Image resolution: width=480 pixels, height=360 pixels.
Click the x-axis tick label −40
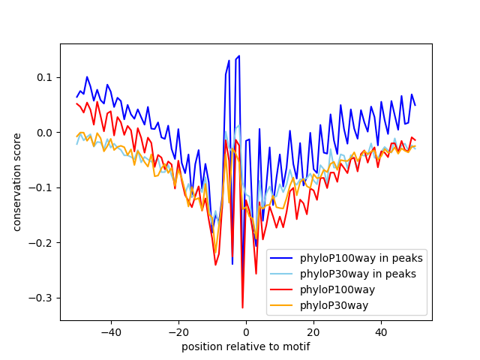click(110, 331)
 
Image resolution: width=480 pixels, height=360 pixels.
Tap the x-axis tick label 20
click(313, 331)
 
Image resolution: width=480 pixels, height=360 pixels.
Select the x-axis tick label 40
click(381, 331)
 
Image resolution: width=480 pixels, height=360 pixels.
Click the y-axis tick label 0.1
click(46, 78)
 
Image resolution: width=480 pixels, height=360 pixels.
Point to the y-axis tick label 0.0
click(46, 133)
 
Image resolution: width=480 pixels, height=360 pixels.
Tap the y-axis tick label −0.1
click(43, 187)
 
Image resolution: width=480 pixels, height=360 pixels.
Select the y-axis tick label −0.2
click(43, 243)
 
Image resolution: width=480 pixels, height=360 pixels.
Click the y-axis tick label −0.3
click(43, 298)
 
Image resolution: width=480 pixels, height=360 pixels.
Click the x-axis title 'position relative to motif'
click(246, 346)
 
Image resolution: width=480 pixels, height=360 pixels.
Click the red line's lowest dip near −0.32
click(242, 307)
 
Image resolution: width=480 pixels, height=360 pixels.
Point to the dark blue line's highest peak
click(239, 55)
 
